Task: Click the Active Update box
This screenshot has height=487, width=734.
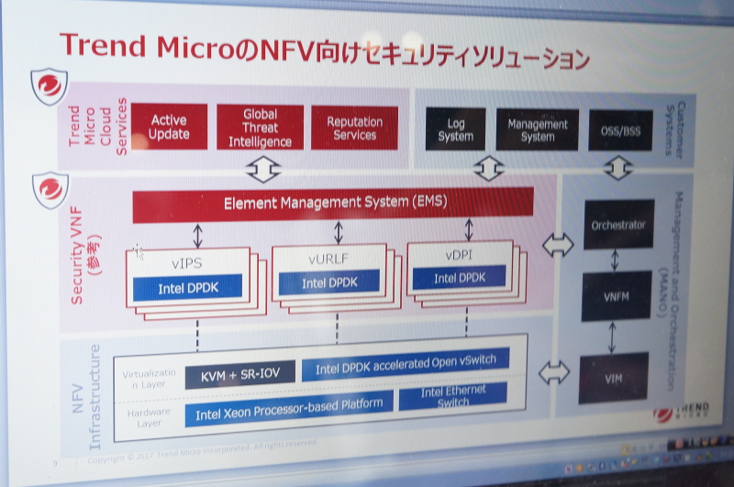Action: click(169, 127)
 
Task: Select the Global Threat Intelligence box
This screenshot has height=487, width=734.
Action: click(260, 127)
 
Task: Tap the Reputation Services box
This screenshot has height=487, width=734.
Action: click(354, 127)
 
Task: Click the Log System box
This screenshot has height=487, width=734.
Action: click(455, 129)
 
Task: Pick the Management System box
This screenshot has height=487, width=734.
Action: click(538, 130)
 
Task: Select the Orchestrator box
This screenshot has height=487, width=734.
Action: click(618, 225)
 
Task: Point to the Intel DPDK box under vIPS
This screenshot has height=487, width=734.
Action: click(187, 288)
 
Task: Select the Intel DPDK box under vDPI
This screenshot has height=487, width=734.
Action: click(458, 278)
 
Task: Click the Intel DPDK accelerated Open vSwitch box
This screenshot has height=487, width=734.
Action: click(405, 365)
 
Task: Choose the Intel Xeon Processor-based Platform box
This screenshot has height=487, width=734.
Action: click(287, 410)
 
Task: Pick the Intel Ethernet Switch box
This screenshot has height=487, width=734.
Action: click(453, 397)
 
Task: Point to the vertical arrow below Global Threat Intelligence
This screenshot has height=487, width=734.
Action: click(261, 170)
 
